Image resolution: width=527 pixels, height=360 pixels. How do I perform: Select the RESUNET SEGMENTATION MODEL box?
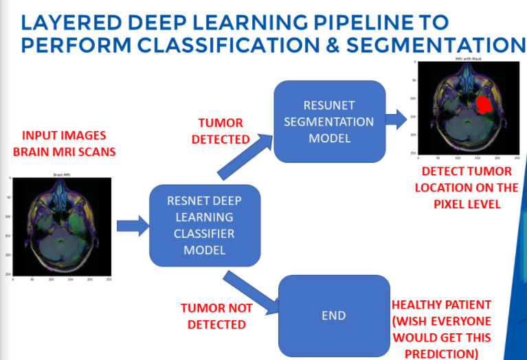[329, 121]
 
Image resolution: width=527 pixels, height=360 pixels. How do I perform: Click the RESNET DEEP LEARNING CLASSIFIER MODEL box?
[204, 225]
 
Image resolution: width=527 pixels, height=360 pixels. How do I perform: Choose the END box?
[333, 315]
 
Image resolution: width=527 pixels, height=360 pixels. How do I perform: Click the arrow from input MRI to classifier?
[133, 225]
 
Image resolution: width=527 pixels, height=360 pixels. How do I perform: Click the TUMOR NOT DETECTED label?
[216, 316]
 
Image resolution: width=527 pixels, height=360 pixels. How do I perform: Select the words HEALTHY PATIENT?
[440, 304]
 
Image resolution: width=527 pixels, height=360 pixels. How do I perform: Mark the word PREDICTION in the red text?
[440, 352]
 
